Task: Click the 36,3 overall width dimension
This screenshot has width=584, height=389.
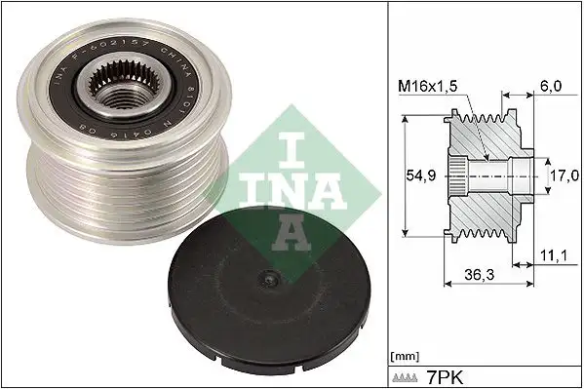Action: tap(479, 277)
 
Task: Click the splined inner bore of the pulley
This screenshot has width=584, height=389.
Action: tap(121, 92)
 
